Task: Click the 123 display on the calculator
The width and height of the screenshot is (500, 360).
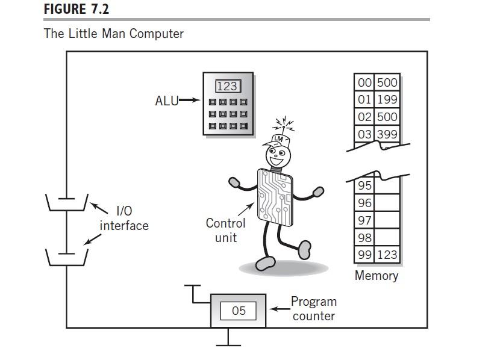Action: [228, 86]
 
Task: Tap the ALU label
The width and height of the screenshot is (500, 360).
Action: [166, 101]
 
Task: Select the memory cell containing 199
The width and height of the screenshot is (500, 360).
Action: [387, 99]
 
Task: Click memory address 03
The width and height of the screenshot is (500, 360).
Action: [364, 134]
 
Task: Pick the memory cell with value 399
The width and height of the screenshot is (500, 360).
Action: [387, 134]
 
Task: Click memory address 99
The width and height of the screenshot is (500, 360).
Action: [364, 255]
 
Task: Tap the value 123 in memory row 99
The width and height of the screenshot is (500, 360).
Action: [387, 255]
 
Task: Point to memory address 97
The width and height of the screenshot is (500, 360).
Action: [364, 220]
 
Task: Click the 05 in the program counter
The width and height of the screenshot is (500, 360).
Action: [239, 311]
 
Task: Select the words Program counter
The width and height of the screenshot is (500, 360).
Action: [314, 308]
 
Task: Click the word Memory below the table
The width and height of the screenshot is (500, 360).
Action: [377, 276]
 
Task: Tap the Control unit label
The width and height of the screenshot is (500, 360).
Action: [226, 231]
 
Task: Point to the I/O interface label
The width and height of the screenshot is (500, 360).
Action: [124, 219]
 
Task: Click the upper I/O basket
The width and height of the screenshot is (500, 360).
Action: [67, 203]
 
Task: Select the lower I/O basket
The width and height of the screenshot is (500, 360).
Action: [67, 257]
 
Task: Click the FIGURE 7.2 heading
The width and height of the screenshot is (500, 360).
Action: [77, 9]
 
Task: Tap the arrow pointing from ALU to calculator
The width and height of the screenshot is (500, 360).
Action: [189, 101]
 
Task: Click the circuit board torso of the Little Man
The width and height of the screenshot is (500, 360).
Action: [275, 197]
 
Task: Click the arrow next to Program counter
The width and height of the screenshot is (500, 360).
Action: [280, 309]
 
